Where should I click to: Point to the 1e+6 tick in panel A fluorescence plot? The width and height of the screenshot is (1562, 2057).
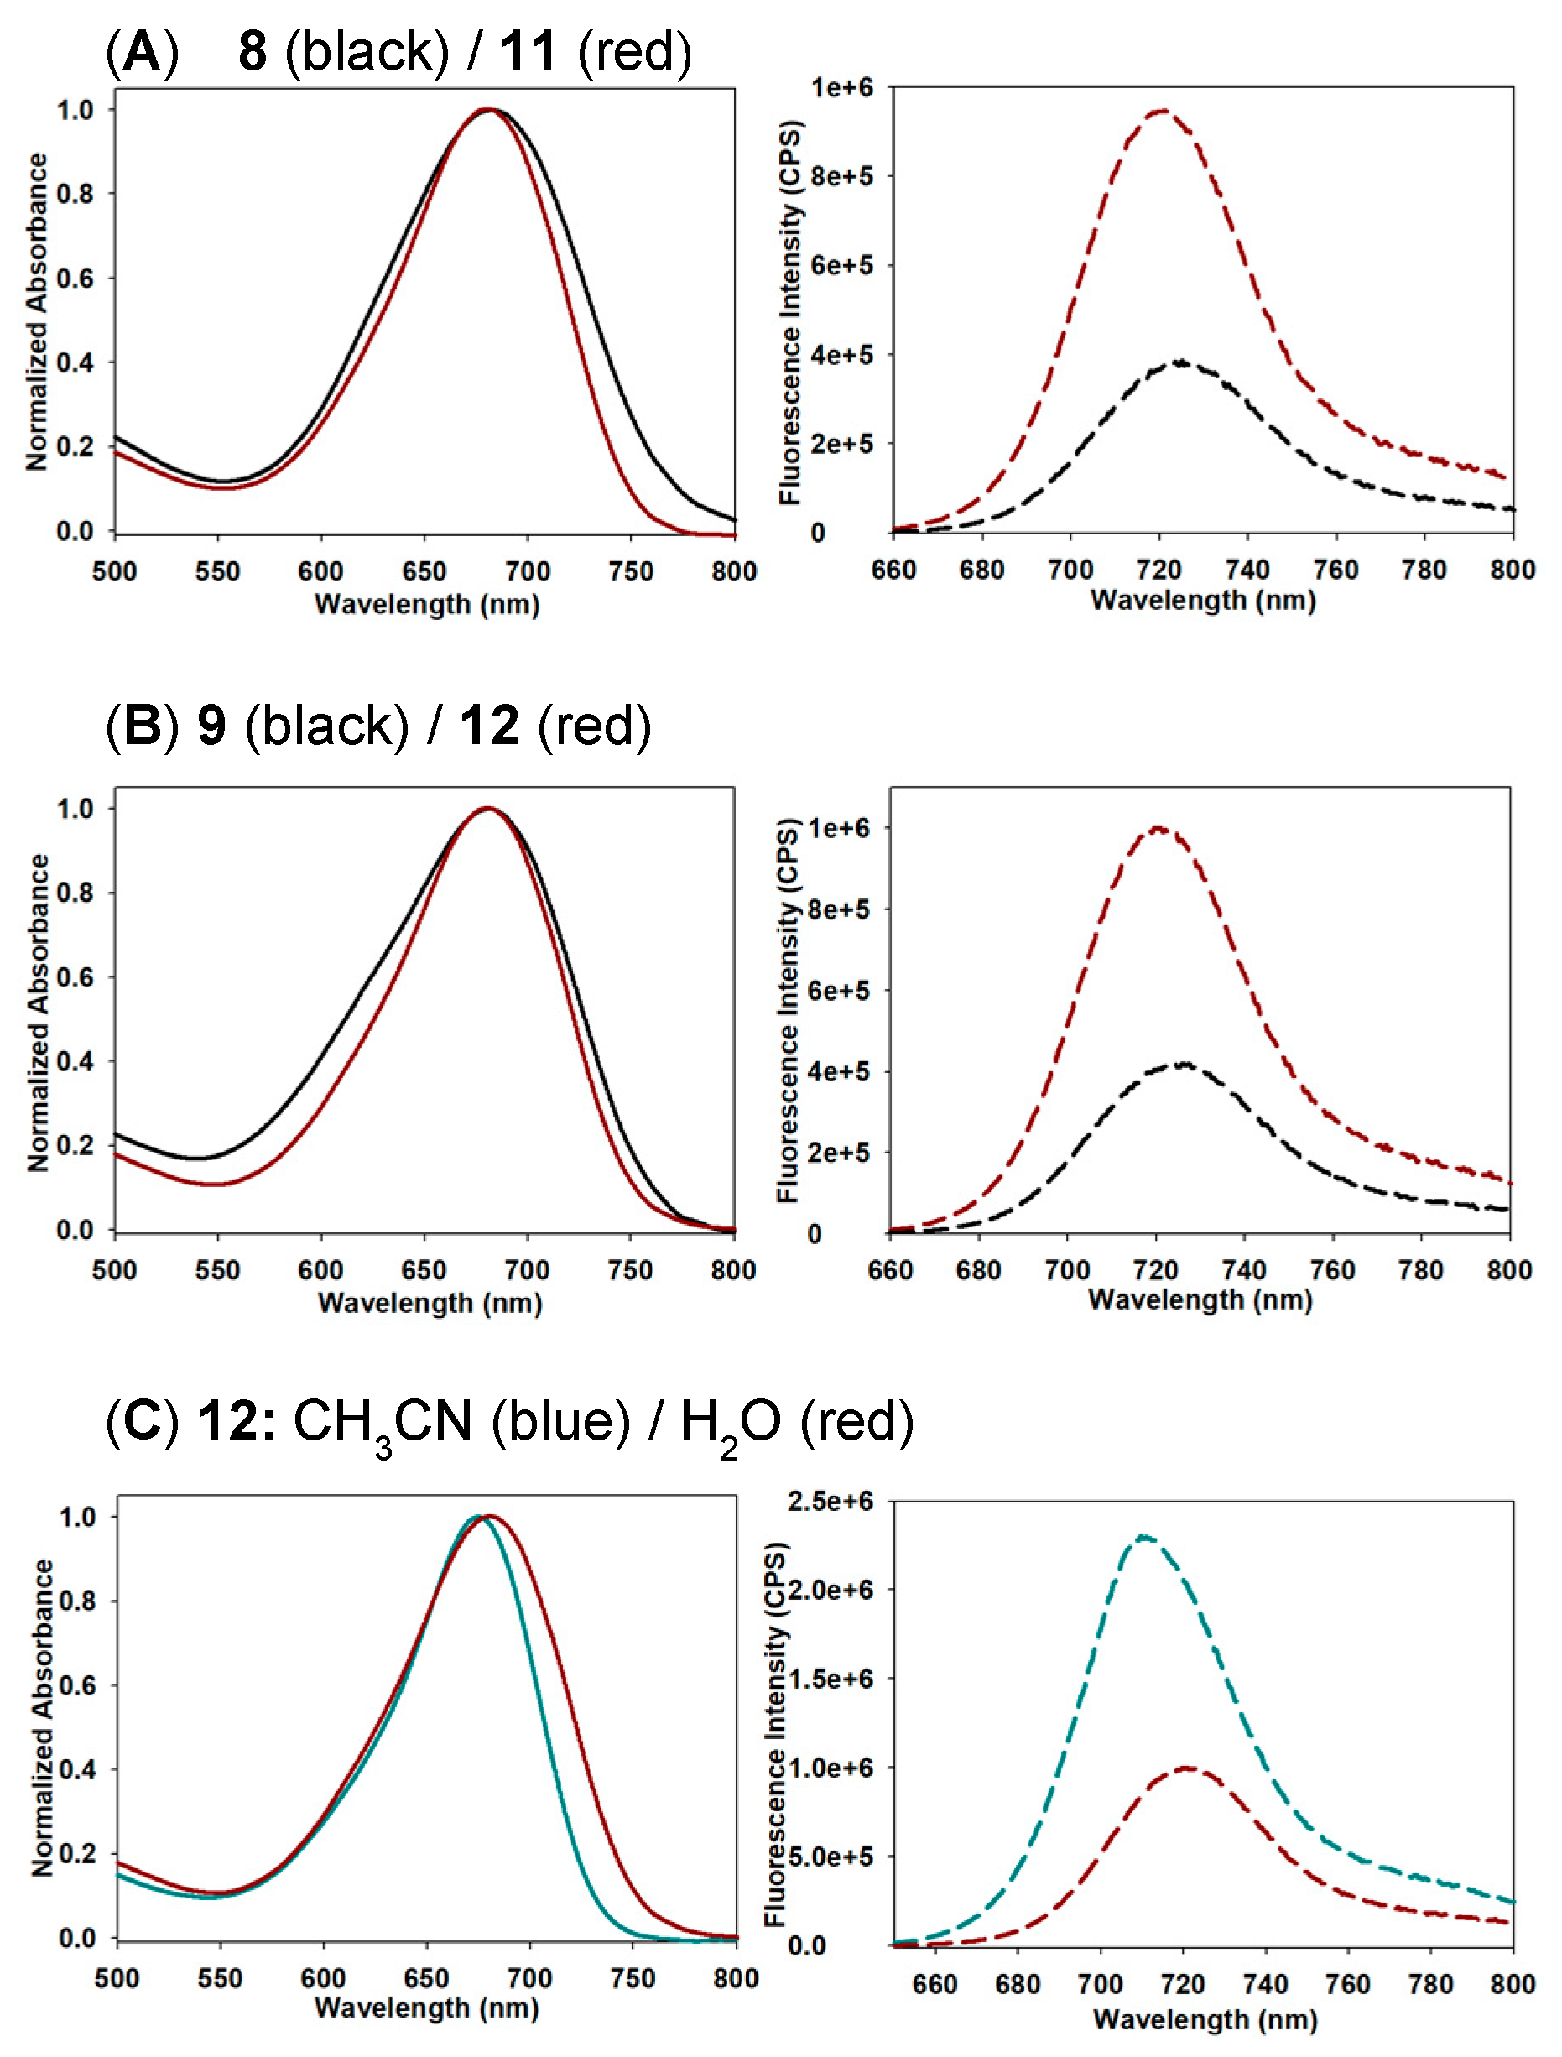tap(841, 88)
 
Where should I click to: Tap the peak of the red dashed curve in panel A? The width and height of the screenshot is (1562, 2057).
tap(1161, 111)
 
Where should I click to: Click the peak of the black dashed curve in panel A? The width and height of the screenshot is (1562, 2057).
tap(1181, 362)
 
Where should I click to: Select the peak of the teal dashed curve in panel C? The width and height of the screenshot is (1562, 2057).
tap(1143, 1537)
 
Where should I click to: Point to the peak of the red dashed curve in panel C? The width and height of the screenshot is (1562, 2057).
tap(1186, 1767)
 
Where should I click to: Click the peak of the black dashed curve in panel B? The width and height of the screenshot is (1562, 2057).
tap(1183, 1064)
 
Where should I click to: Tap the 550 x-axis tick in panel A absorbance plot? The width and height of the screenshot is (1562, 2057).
tap(217, 571)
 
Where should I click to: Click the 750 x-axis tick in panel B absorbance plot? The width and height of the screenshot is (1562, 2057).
tap(629, 1269)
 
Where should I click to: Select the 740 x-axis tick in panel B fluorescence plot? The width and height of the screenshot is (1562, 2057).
tap(1243, 1269)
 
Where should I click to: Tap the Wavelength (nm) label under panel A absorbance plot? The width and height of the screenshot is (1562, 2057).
tap(427, 605)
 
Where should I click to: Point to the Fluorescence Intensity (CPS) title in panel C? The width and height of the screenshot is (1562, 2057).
tap(775, 1733)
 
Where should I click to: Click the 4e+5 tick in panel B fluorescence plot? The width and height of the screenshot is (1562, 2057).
tap(838, 1071)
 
